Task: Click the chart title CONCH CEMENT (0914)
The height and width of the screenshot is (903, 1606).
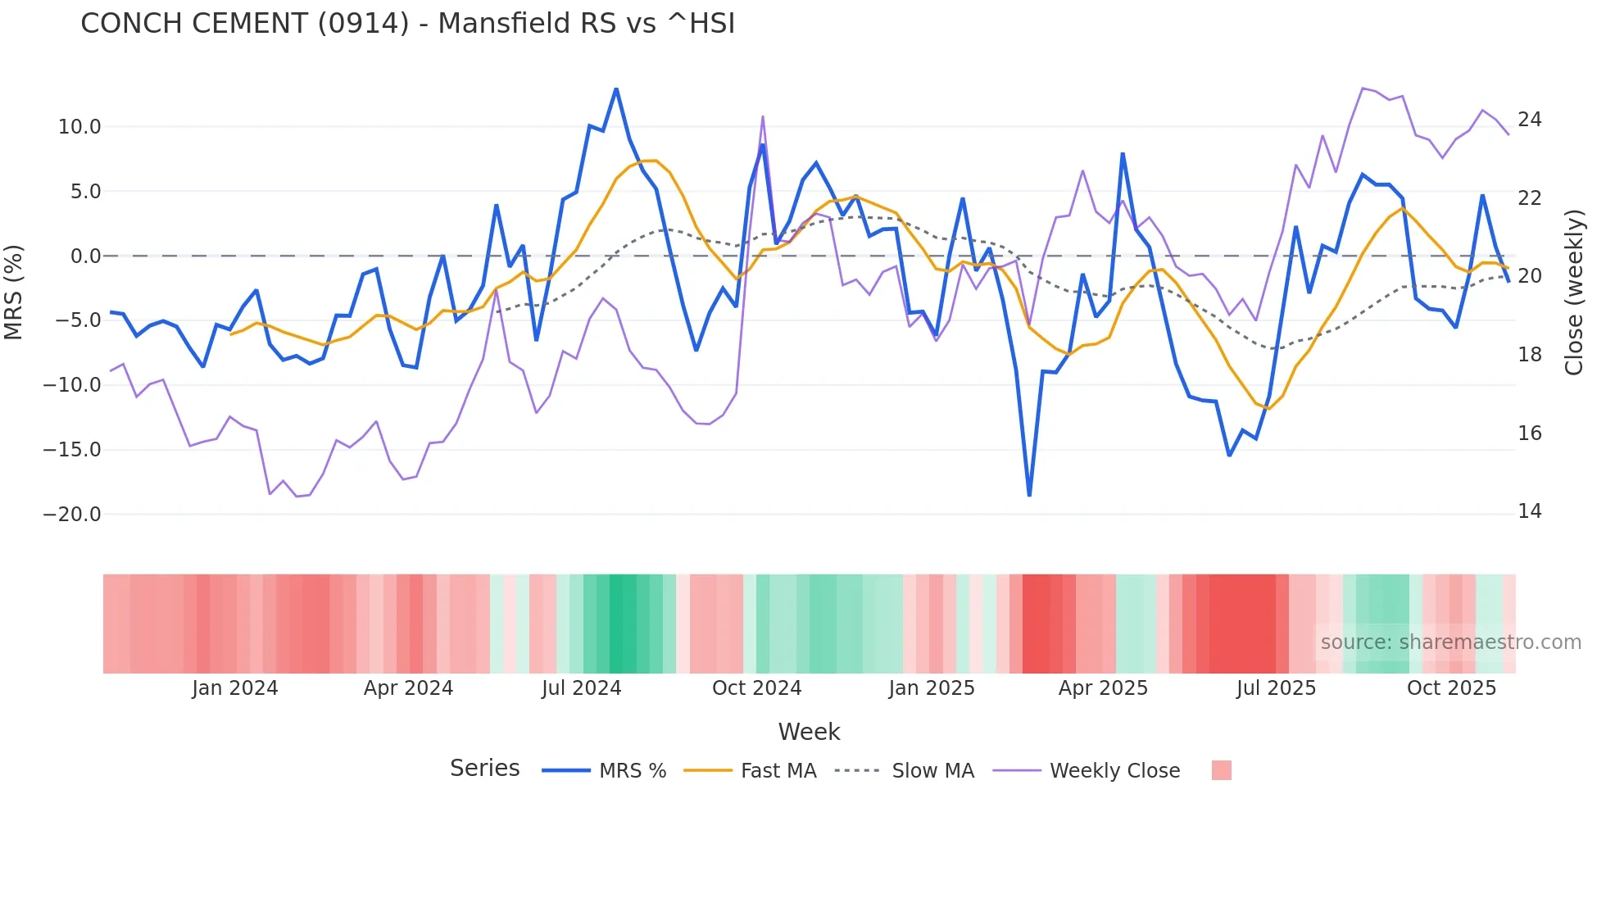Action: pyautogui.click(x=407, y=23)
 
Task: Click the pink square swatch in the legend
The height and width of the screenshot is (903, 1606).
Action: pyautogui.click(x=1221, y=770)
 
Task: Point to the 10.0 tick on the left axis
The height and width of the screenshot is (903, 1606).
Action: pyautogui.click(x=79, y=127)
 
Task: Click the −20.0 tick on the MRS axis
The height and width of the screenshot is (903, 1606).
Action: pyautogui.click(x=72, y=515)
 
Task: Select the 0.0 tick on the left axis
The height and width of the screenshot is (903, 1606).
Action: pyautogui.click(x=85, y=256)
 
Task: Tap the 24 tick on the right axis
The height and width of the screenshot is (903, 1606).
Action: pyautogui.click(x=1529, y=120)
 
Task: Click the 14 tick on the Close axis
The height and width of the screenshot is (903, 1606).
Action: pyautogui.click(x=1529, y=511)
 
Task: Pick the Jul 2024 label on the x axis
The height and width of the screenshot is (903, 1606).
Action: pyautogui.click(x=581, y=688)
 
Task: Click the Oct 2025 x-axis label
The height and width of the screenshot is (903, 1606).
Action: pyautogui.click(x=1451, y=688)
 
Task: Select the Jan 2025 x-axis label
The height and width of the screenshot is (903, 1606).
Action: pyautogui.click(x=932, y=688)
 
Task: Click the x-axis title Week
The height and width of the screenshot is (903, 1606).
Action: pyautogui.click(x=809, y=732)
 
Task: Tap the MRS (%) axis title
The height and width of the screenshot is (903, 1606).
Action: pyautogui.click(x=14, y=292)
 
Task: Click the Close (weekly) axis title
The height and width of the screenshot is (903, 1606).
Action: pyautogui.click(x=1574, y=292)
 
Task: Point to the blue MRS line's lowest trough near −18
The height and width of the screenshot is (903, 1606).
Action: pyautogui.click(x=1029, y=494)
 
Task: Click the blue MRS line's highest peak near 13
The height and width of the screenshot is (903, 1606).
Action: pyautogui.click(x=616, y=89)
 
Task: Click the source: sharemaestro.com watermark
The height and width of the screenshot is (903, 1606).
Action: pyautogui.click(x=1450, y=642)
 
